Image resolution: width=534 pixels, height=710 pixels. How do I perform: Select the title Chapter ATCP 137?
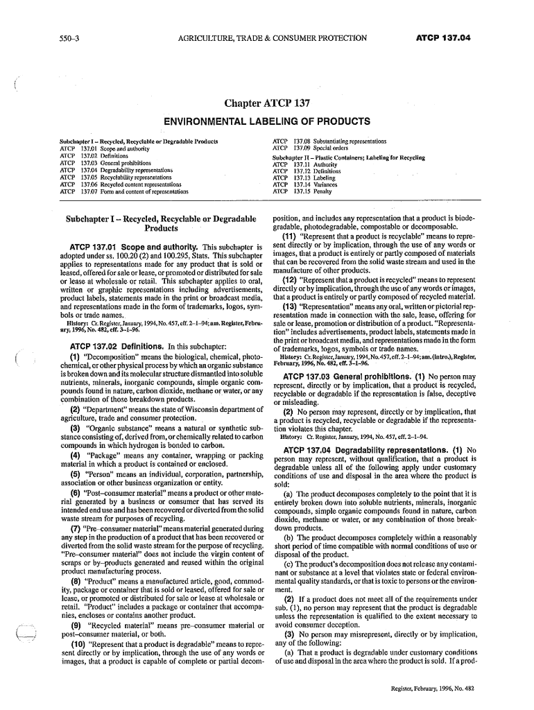(x=266, y=105)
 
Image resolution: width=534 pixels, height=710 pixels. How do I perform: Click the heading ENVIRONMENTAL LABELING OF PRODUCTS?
(x=266, y=122)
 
